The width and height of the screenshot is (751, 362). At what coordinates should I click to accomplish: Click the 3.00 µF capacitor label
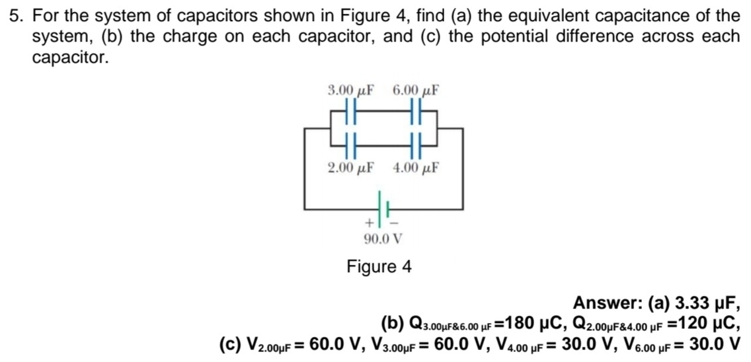[x=351, y=90]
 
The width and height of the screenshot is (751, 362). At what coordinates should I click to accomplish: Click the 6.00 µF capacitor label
[x=416, y=90]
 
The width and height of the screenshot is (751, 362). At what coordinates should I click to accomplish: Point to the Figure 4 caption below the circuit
[x=379, y=267]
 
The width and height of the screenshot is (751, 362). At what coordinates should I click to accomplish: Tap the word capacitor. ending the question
[x=69, y=57]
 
